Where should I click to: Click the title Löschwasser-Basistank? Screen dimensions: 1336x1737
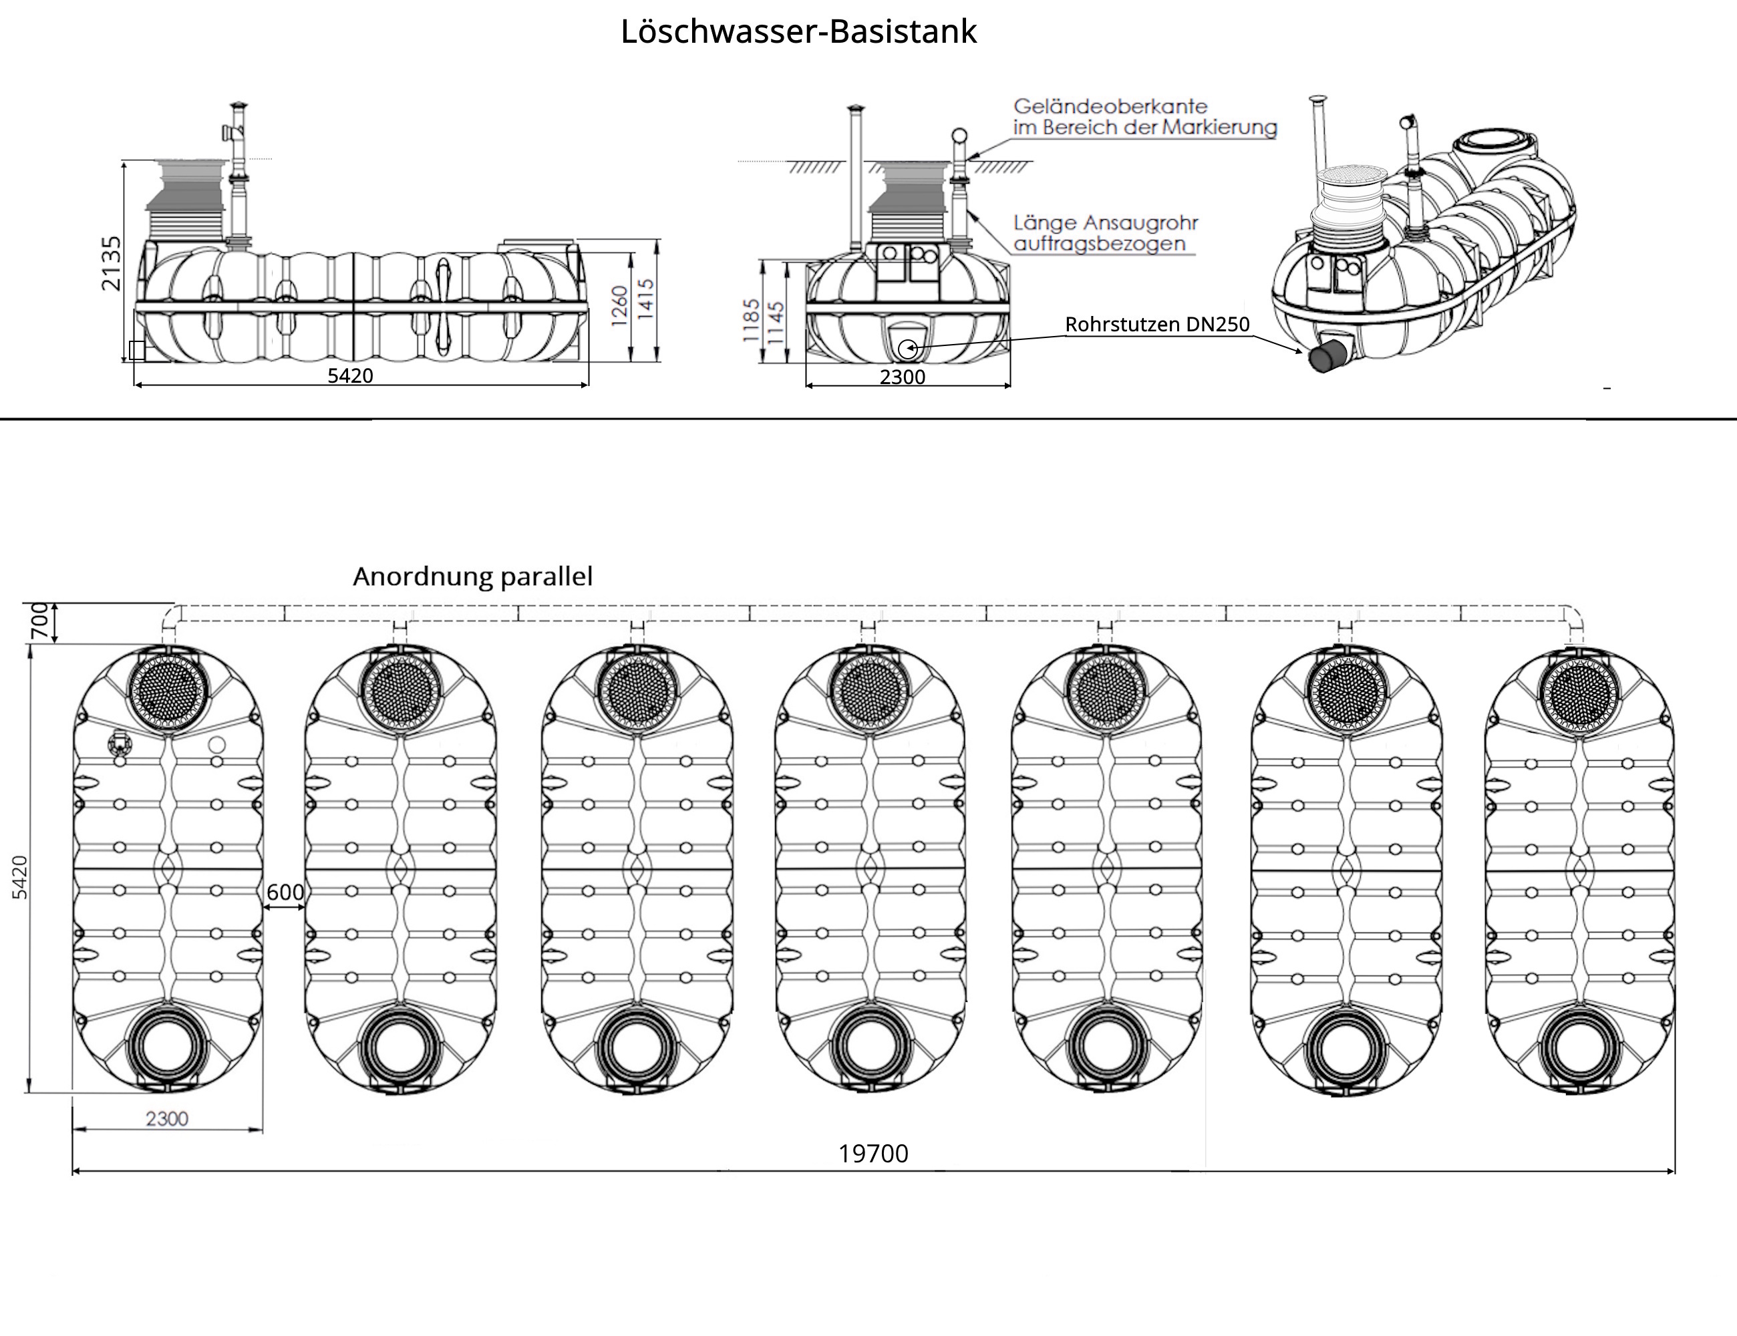coord(798,33)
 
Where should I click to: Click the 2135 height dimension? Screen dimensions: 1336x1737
coord(112,263)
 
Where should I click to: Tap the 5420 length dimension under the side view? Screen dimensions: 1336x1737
coord(350,376)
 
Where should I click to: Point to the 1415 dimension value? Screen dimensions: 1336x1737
coord(646,299)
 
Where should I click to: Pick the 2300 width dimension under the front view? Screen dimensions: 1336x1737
coord(902,377)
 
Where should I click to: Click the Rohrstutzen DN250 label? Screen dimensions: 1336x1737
coord(1157,325)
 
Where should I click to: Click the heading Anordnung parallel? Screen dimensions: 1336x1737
coord(472,576)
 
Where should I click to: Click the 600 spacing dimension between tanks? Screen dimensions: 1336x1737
coord(285,892)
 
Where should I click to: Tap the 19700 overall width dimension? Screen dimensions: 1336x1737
coord(873,1154)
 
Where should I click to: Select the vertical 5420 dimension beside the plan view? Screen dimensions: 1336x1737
coord(21,877)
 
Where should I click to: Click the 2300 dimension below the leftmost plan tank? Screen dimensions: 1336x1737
coord(167,1119)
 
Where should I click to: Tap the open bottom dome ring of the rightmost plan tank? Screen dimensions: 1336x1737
coord(1579,1045)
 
